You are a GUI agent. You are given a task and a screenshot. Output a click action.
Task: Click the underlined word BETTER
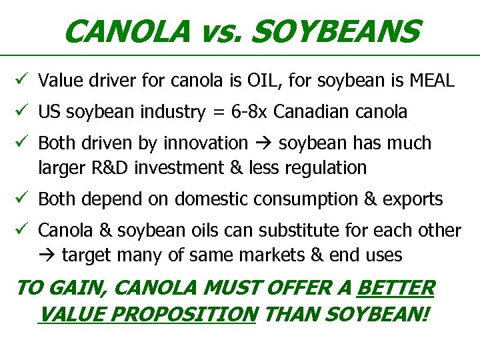click(x=396, y=289)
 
